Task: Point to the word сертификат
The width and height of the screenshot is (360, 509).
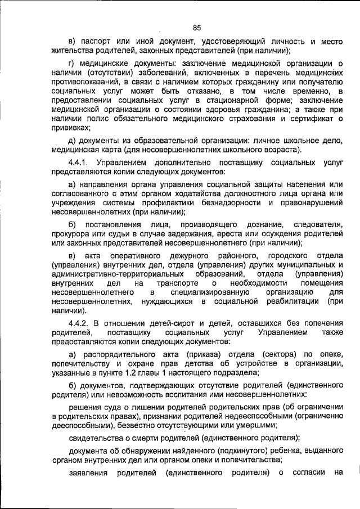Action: click(x=309, y=119)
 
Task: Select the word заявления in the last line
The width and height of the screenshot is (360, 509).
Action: click(x=88, y=473)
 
